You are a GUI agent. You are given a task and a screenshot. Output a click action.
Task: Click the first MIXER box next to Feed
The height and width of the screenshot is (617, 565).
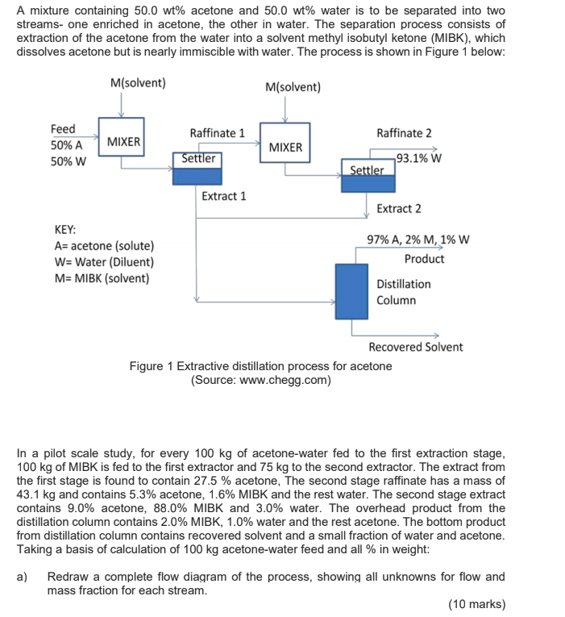click(123, 142)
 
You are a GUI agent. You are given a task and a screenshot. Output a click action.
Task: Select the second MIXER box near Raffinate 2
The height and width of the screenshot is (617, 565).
click(285, 147)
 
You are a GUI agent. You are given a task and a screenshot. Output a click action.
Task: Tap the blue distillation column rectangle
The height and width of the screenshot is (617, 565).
click(351, 291)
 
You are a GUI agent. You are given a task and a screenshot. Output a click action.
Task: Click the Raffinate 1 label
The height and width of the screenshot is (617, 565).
click(218, 133)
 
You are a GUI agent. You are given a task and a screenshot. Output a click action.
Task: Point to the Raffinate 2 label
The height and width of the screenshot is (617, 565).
click(404, 133)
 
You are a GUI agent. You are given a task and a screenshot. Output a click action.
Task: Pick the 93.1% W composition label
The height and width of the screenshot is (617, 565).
click(418, 158)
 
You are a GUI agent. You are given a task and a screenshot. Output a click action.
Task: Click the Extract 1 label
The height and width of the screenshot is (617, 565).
click(224, 196)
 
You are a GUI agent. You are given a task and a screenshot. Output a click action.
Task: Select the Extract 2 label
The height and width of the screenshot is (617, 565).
click(399, 209)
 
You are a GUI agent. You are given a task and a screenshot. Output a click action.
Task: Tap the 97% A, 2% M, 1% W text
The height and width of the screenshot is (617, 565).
click(418, 240)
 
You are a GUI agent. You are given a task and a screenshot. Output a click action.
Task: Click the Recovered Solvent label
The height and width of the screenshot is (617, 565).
click(416, 347)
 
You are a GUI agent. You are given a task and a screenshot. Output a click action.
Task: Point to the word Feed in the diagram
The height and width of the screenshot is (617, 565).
click(63, 129)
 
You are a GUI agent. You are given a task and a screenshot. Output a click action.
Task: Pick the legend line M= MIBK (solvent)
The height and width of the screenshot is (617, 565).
click(102, 279)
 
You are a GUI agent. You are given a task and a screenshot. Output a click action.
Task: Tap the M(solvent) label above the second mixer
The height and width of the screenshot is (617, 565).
click(293, 87)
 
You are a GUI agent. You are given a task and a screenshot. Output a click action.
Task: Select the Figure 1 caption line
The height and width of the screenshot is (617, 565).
click(261, 366)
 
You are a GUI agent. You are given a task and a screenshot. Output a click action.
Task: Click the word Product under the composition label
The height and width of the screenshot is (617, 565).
click(424, 259)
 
